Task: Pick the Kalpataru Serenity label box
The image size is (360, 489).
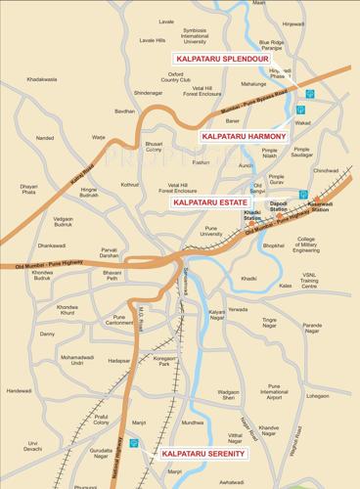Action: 203,454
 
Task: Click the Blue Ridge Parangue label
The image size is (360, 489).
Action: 273,43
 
